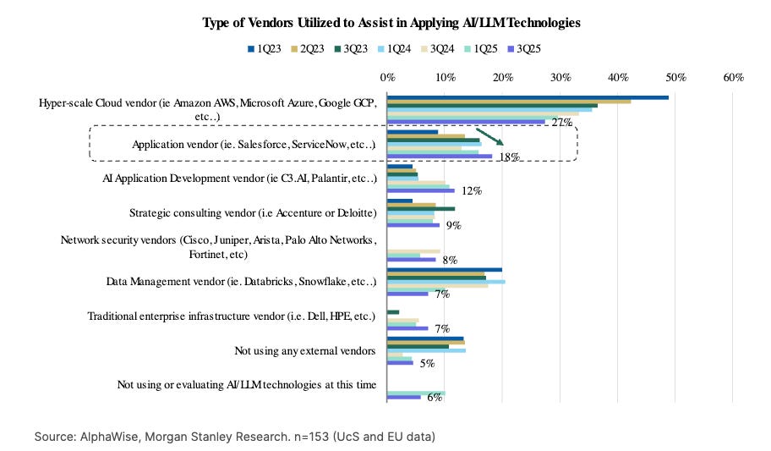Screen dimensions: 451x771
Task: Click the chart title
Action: click(391, 23)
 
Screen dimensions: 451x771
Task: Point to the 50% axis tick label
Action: click(675, 78)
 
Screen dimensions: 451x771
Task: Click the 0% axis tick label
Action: click(387, 78)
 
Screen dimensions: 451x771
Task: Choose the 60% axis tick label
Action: click(732, 78)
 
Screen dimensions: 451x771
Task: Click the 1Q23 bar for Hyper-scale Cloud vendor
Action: click(528, 97)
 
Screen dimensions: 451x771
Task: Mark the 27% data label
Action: click(562, 123)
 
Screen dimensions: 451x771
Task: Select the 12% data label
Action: click(471, 191)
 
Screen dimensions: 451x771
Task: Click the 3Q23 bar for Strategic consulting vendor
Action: click(421, 208)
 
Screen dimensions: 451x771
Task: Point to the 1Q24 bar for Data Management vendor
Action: click(446, 281)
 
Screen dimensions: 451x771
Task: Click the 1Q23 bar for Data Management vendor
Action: click(444, 270)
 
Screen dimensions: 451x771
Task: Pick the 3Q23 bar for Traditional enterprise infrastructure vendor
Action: click(393, 312)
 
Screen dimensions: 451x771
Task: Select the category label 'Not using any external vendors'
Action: click(305, 350)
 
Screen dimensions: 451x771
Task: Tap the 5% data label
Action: click(428, 364)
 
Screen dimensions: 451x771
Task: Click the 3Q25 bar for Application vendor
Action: click(440, 156)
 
